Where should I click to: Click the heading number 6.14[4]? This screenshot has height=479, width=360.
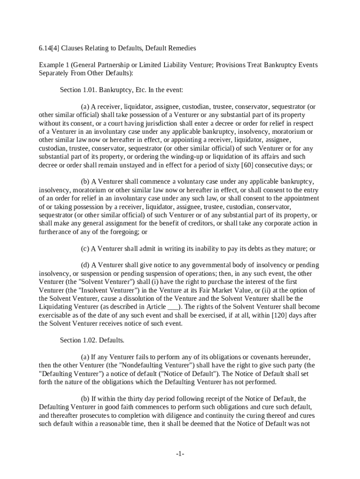[49, 48]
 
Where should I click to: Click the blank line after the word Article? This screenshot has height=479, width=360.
[173, 307]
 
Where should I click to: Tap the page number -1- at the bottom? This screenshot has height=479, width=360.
[180, 454]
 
